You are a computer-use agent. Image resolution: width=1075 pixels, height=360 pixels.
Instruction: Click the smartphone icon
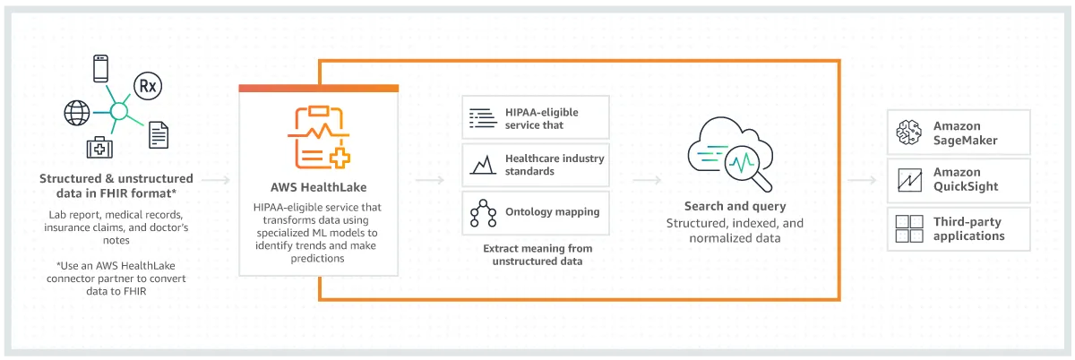point(102,68)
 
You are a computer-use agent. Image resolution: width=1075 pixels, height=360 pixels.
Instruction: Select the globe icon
point(76,113)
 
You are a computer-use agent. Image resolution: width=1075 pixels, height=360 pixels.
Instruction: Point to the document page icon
point(159,134)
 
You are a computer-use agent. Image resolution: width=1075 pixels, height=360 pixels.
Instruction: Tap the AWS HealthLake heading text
point(318,188)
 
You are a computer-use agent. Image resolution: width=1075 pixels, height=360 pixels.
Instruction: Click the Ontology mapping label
point(553,212)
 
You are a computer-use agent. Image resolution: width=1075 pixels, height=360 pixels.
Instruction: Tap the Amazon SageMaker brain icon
point(910,133)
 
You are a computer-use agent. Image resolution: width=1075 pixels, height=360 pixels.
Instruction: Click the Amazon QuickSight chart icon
point(910,180)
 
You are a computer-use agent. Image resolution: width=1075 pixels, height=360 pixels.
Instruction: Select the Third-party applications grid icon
point(910,228)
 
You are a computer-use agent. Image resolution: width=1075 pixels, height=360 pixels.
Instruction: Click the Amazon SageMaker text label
point(964,133)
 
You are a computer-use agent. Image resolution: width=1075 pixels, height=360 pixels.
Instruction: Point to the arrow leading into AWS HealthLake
point(215,181)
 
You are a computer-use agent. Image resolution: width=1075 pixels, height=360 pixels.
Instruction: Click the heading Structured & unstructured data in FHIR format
point(116,185)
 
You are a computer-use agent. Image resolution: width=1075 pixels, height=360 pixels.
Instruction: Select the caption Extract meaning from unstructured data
point(537,254)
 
